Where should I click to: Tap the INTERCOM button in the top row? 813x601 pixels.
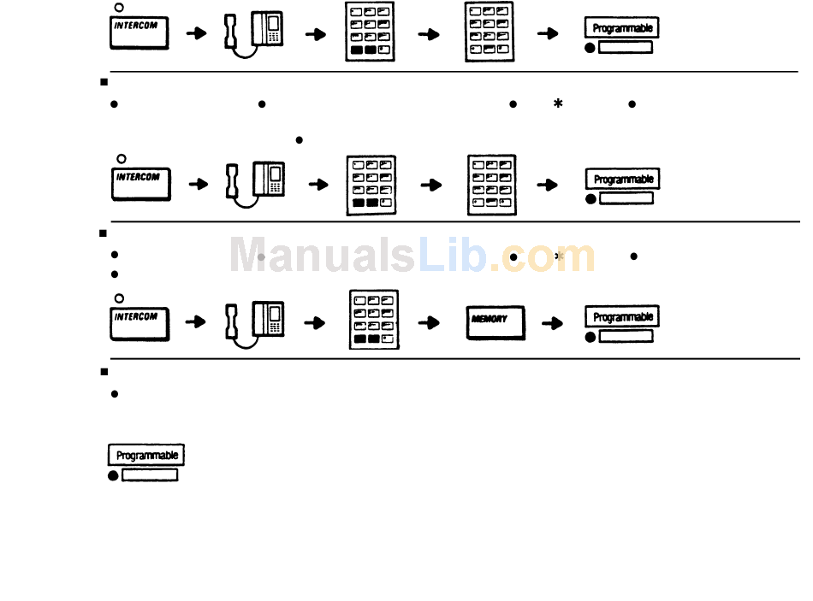click(x=139, y=32)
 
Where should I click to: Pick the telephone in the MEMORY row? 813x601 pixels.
click(x=255, y=321)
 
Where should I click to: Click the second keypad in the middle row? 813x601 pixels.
click(x=492, y=183)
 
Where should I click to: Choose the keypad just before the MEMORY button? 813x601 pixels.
click(x=374, y=320)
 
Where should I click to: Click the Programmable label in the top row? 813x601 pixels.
click(x=622, y=28)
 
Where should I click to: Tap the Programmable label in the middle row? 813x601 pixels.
click(x=623, y=180)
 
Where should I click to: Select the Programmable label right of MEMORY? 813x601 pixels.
click(x=622, y=317)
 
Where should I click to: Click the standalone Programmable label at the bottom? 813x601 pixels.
click(x=145, y=455)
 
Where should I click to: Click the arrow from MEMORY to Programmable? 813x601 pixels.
click(x=552, y=323)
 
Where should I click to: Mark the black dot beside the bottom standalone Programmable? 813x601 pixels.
click(x=113, y=476)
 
